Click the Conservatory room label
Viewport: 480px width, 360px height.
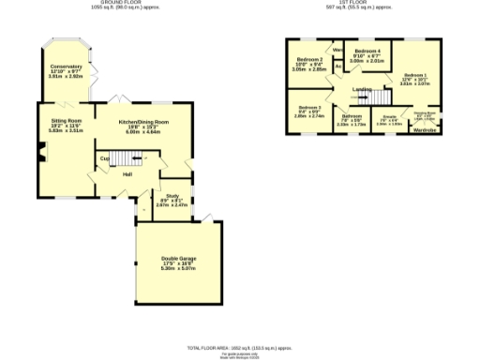66,67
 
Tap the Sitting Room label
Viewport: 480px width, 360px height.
66,121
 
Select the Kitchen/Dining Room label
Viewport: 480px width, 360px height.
143,122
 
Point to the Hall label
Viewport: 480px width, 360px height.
126,174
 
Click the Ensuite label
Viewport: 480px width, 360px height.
389,118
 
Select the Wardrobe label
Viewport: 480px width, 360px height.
425,129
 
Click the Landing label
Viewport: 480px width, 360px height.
361,89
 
